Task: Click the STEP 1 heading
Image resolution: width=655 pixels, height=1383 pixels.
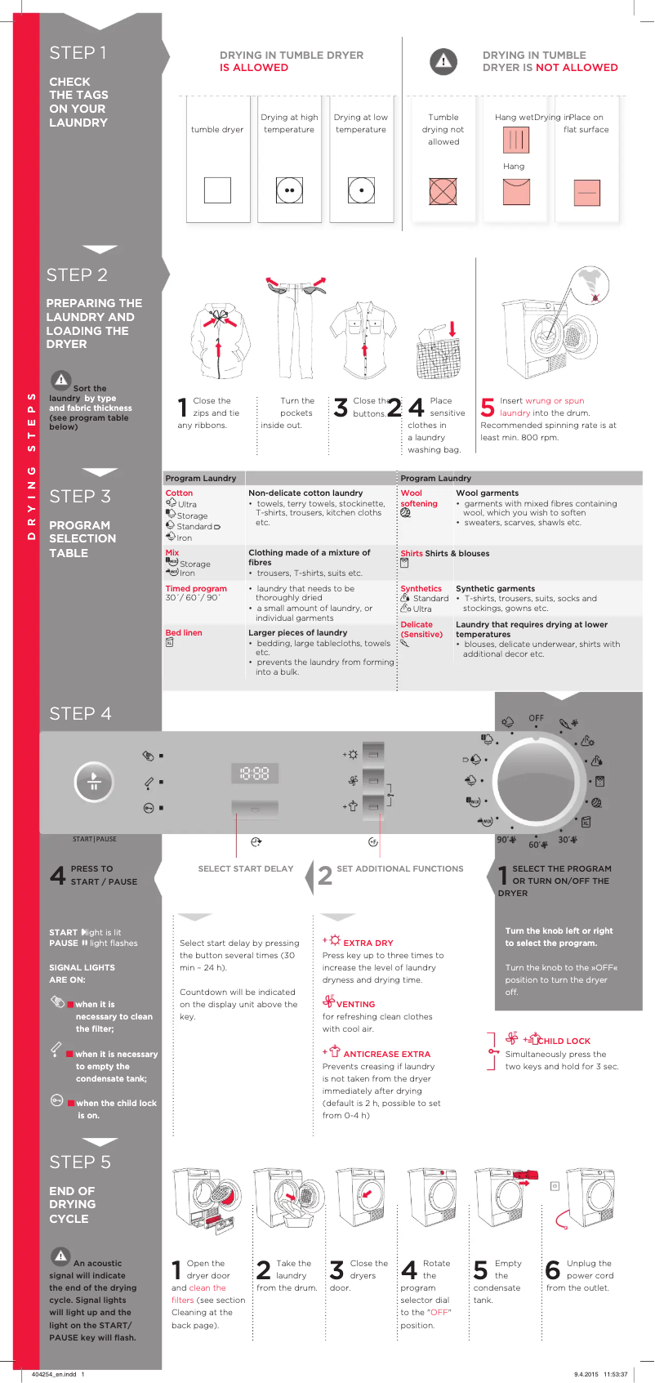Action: [x=78, y=53]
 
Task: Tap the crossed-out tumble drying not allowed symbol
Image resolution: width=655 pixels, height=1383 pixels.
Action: [x=443, y=191]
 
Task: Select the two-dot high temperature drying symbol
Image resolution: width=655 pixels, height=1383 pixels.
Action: [x=289, y=190]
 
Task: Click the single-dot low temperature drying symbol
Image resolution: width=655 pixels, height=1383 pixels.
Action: [x=361, y=190]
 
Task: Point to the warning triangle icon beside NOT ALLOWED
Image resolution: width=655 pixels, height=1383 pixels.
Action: [x=443, y=61]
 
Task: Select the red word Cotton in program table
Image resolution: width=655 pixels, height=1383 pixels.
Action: [x=179, y=493]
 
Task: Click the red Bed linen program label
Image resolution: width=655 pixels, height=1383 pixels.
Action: [x=184, y=632]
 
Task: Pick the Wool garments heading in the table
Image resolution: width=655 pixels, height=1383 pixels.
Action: [x=487, y=493]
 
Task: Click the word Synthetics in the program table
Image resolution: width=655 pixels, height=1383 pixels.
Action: [x=421, y=588]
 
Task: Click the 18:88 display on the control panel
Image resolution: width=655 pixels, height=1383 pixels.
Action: [x=255, y=773]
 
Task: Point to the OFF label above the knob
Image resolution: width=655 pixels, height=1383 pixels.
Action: [x=536, y=718]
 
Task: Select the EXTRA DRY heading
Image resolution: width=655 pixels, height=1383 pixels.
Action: [x=368, y=943]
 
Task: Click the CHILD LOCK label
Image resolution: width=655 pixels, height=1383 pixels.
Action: [x=564, y=1041]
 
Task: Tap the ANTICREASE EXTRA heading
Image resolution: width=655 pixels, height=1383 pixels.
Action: [x=386, y=1054]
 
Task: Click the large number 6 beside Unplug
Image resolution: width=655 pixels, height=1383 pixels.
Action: [x=553, y=1269]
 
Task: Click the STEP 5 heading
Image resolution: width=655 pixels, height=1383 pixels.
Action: [x=79, y=1162]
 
